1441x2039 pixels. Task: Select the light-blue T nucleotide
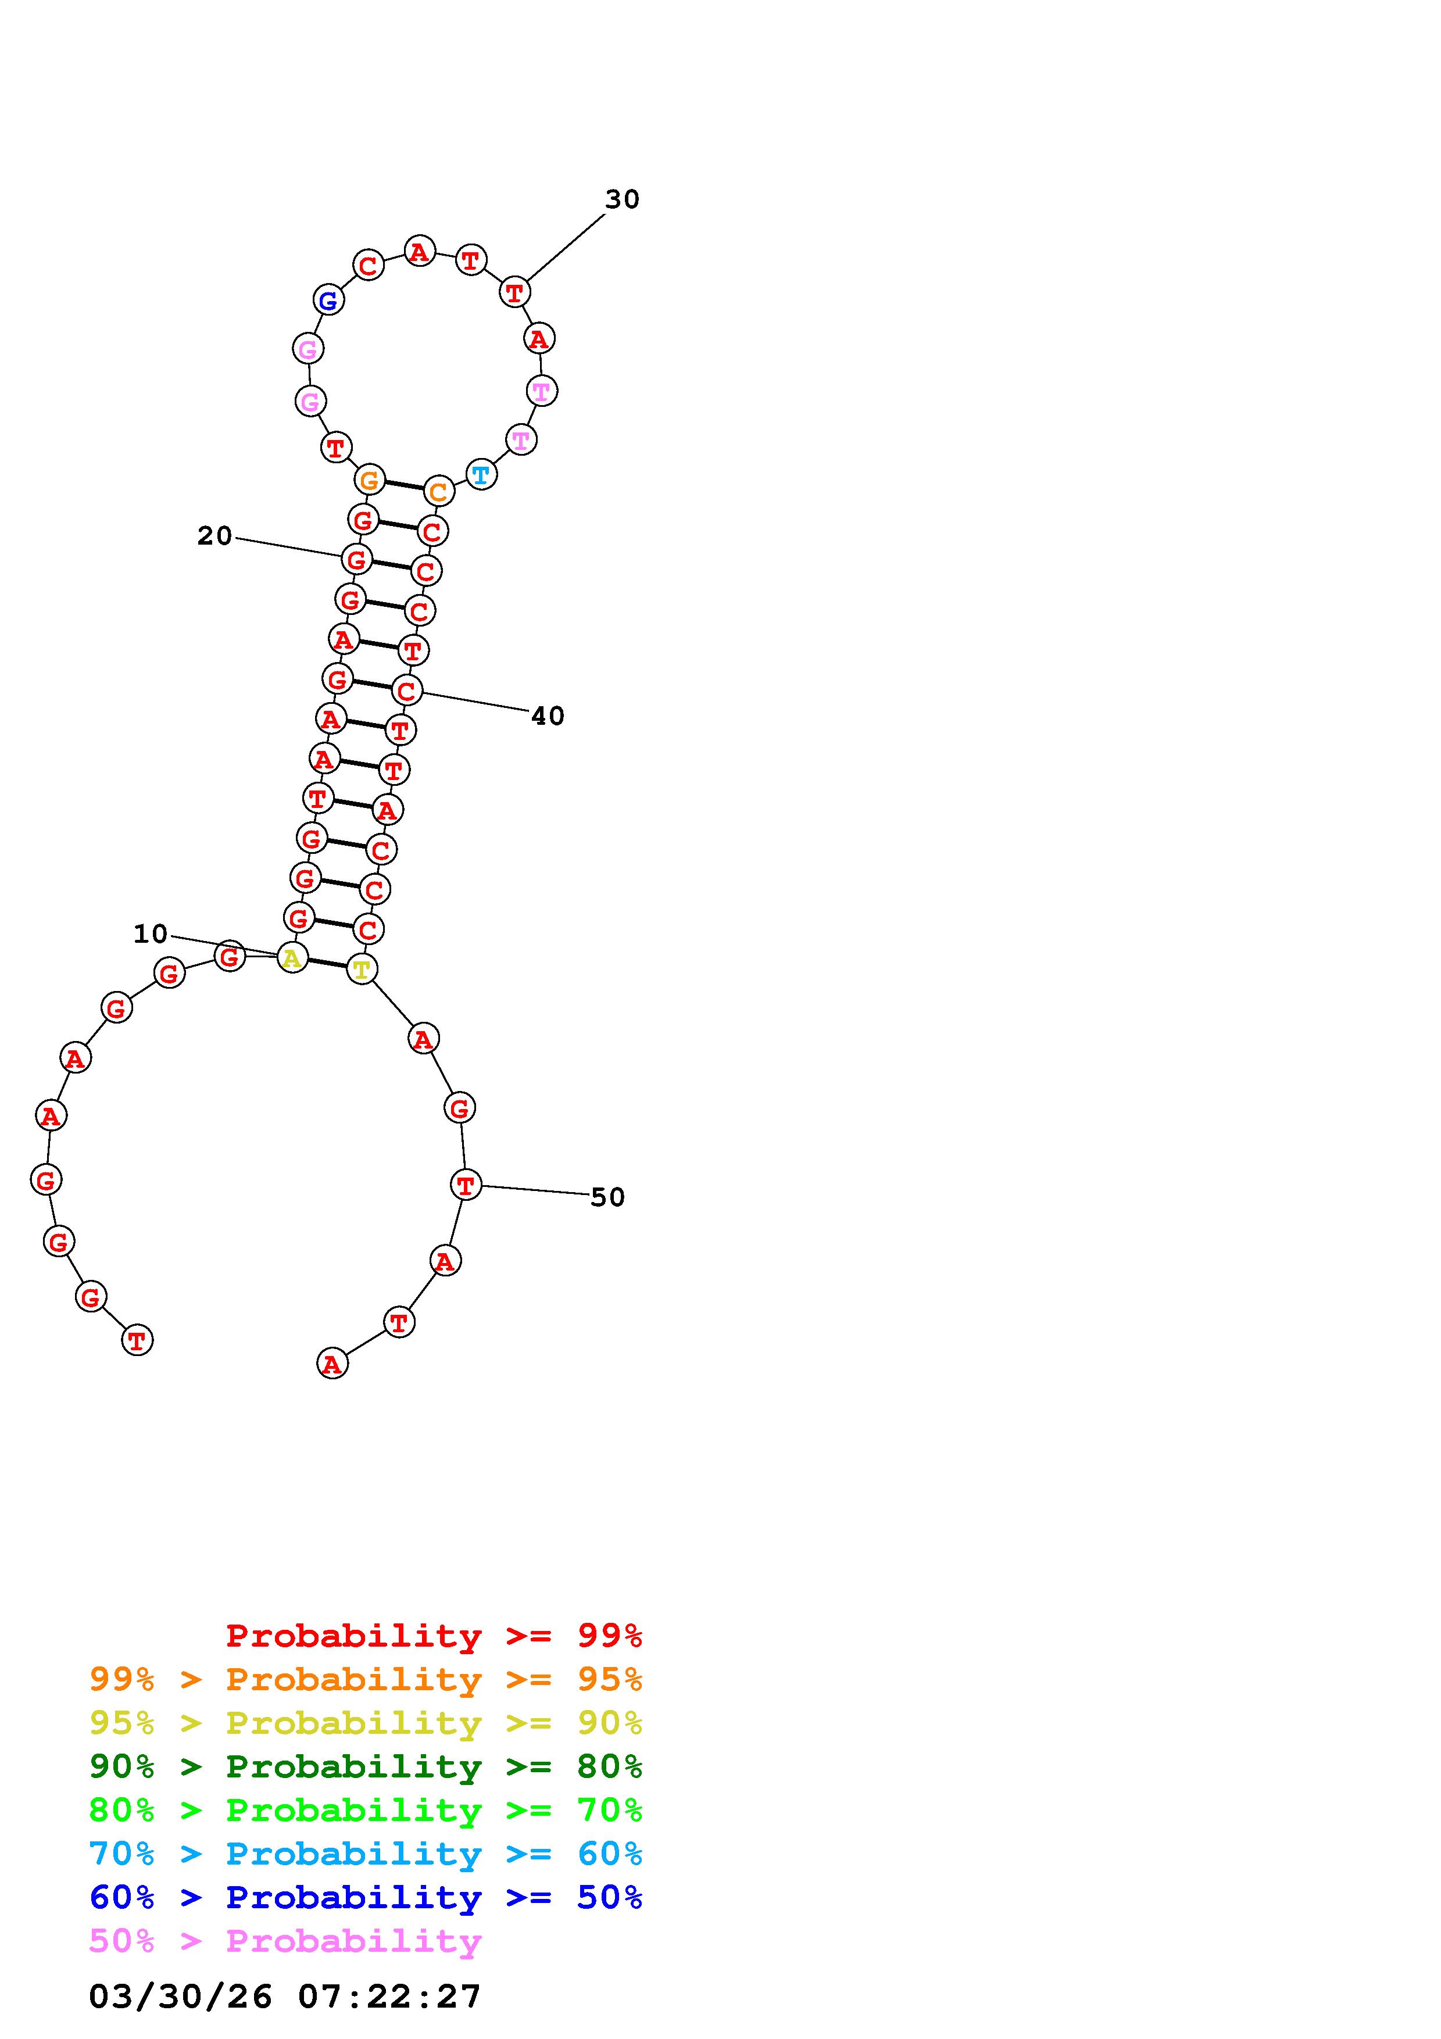(480, 474)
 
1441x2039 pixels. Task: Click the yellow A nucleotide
(292, 957)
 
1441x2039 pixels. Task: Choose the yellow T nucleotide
(362, 969)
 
